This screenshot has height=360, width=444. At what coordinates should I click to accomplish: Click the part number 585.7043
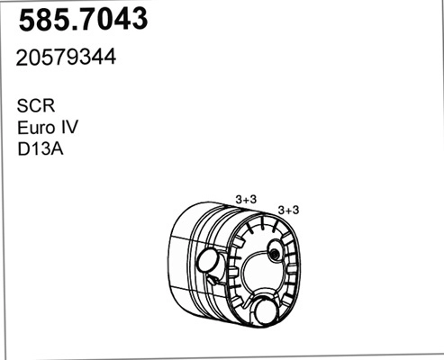pyautogui.click(x=82, y=21)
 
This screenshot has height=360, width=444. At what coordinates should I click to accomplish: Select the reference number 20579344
pyautogui.click(x=67, y=57)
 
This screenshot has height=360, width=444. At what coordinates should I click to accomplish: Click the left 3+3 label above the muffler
pyautogui.click(x=247, y=198)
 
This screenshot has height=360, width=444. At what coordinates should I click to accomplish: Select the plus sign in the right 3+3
pyautogui.click(x=289, y=210)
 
